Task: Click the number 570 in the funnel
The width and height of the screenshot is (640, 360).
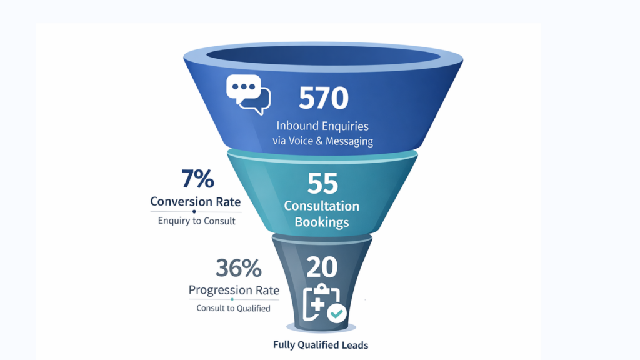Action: [322, 99]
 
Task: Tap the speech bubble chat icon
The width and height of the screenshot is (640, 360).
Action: [248, 95]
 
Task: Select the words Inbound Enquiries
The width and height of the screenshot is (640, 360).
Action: [322, 125]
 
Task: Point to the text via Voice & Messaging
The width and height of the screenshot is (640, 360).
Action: [322, 141]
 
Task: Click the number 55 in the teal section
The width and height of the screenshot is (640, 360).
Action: [322, 183]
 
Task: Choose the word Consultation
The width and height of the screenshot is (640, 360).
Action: [322, 206]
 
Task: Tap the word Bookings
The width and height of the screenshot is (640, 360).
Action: [322, 221]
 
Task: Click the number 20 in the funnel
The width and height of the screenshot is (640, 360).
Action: [322, 267]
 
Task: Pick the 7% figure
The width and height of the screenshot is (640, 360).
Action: [197, 180]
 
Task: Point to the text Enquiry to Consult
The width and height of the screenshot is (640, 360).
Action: [197, 221]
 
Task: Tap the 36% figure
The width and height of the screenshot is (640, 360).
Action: [238, 268]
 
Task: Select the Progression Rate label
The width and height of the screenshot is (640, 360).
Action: [234, 291]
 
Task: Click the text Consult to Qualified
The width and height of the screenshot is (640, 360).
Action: [233, 308]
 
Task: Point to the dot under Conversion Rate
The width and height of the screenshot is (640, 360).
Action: [194, 212]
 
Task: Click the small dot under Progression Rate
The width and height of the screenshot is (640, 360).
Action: [232, 300]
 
